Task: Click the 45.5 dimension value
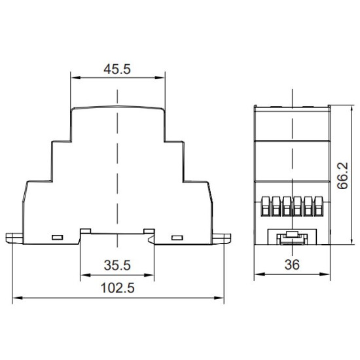click(117, 69)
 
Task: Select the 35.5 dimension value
click(117, 265)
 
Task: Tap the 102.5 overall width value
click(118, 288)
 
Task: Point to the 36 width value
click(292, 264)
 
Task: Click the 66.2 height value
click(342, 176)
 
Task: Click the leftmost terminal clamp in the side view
click(265, 206)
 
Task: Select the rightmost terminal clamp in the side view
click(319, 206)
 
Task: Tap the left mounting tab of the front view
click(14, 238)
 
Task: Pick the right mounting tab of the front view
click(221, 238)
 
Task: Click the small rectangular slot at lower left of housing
click(58, 238)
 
